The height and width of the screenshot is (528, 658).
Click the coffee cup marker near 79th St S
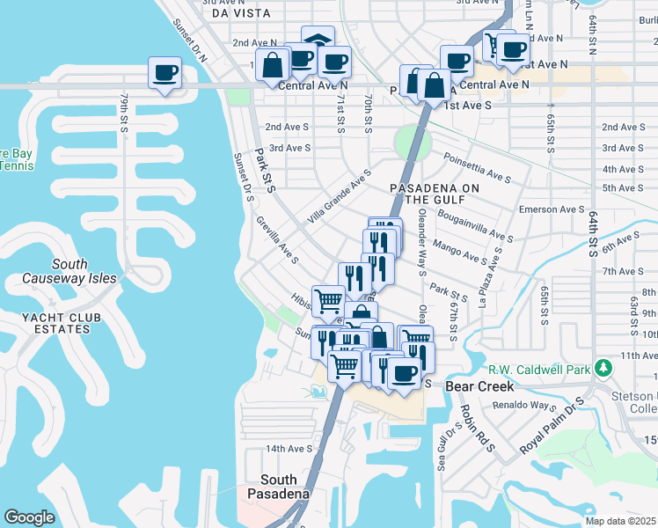coord(164,73)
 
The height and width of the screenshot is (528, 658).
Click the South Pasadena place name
coord(285,486)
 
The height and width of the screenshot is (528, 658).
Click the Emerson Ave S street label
coord(552,209)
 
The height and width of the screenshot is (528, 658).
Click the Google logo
coord(30,517)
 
